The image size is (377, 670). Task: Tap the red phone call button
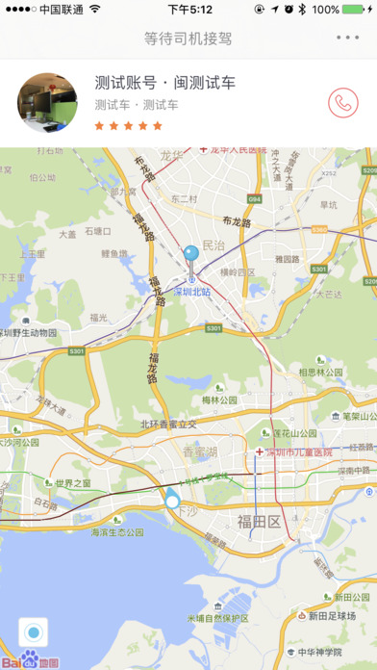[x=341, y=103]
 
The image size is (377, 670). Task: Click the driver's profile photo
[x=47, y=102]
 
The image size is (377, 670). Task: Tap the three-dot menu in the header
[x=347, y=39]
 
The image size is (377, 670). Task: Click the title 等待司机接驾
[x=188, y=39]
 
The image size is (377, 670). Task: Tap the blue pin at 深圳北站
[x=190, y=256]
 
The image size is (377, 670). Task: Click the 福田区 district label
[x=259, y=522]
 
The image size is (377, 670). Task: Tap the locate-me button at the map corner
[x=33, y=633]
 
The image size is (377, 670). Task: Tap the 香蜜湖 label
[x=201, y=452]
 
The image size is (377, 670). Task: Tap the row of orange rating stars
[x=129, y=125]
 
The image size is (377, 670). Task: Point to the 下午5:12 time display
[x=189, y=10]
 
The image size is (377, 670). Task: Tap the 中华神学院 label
[x=318, y=652]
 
